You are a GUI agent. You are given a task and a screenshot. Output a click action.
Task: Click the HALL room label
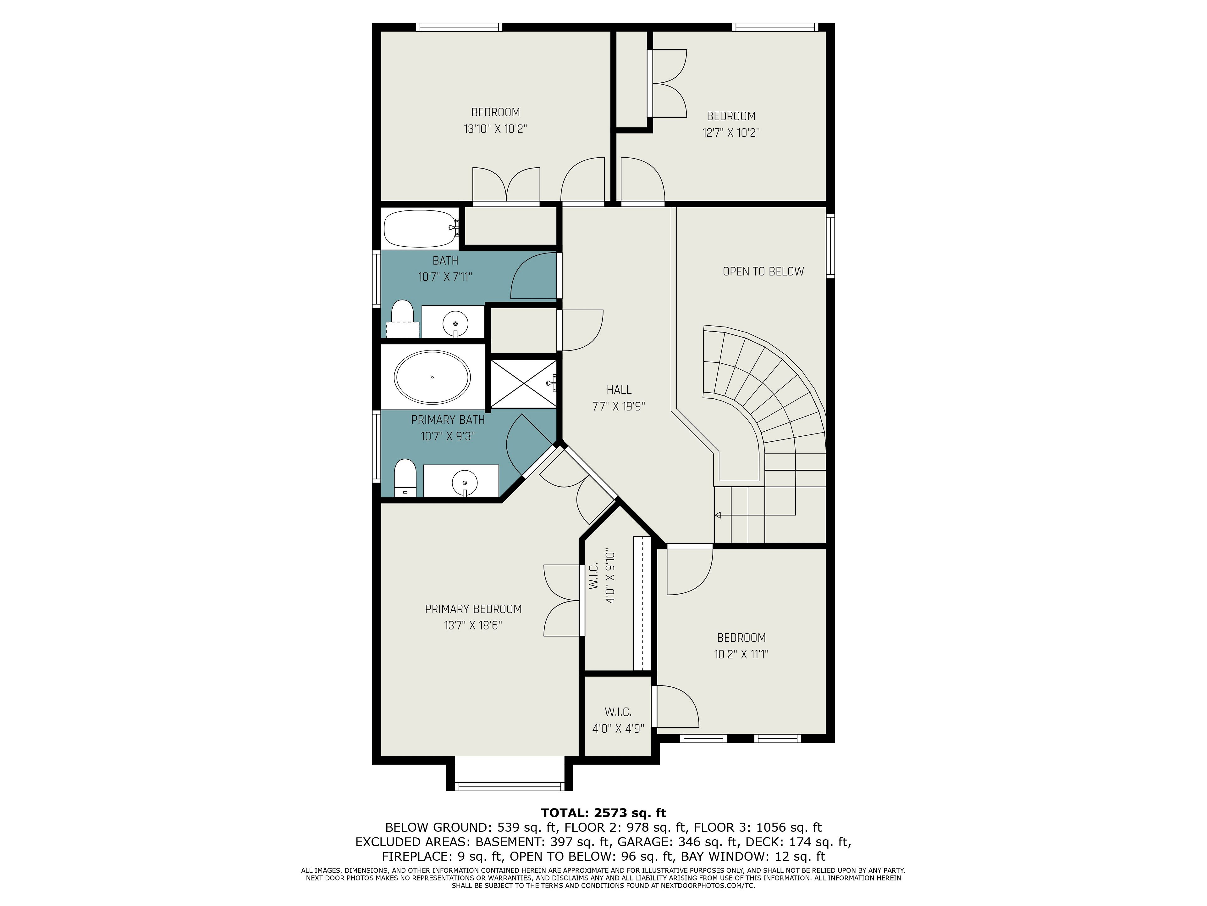[619, 390]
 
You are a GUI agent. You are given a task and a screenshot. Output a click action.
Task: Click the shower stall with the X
[524, 383]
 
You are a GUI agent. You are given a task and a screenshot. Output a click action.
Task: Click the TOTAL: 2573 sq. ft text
[603, 813]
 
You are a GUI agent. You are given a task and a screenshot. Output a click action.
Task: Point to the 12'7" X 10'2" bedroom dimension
[730, 133]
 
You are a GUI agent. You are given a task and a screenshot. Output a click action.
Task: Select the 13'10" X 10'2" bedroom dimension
[495, 129]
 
